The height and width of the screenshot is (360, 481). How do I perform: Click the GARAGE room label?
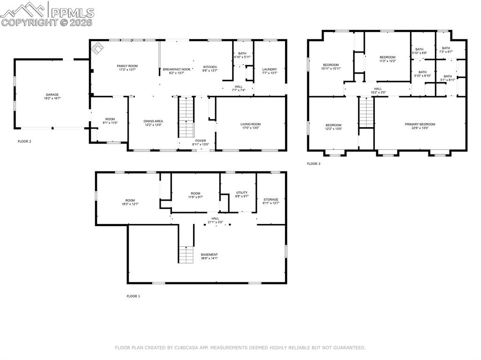tap(52, 94)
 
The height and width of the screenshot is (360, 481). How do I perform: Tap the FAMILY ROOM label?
tap(127, 66)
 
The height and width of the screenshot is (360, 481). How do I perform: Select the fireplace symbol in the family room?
tap(98, 47)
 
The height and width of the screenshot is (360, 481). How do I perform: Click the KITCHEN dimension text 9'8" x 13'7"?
tap(209, 71)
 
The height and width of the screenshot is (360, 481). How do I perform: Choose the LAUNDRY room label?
tap(269, 69)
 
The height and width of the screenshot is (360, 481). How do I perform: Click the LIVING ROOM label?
tap(250, 124)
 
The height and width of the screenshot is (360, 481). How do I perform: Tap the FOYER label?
tap(201, 140)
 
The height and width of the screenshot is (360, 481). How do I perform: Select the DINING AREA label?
tap(153, 121)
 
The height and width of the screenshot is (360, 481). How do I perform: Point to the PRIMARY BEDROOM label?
tap(420, 124)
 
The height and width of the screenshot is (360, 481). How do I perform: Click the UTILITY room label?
tap(241, 192)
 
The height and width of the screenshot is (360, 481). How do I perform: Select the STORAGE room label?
tap(271, 199)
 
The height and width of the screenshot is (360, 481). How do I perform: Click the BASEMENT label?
tap(209, 254)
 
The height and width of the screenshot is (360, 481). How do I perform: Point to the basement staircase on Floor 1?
tap(186, 254)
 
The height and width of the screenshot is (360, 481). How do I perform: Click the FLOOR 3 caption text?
tap(313, 164)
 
